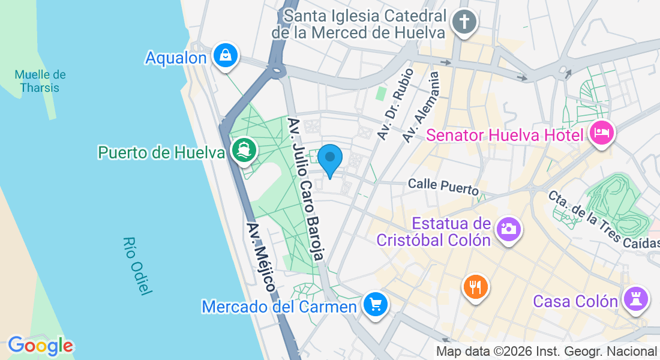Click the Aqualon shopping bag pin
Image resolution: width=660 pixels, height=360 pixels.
point(226,56)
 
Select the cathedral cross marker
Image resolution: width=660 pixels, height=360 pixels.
point(464,23)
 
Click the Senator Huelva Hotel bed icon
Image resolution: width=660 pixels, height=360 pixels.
point(601,131)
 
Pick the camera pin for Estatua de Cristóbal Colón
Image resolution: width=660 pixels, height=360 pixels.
point(508,229)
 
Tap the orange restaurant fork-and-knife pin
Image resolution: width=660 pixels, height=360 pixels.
point(476,286)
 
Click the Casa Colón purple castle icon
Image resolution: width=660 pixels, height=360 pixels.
point(635,298)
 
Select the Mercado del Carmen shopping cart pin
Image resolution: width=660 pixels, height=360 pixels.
point(376,305)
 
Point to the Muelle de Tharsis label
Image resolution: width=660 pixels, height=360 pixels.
point(40,81)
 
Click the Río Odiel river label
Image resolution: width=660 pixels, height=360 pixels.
point(136,265)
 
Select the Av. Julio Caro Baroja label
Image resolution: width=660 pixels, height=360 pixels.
point(306,188)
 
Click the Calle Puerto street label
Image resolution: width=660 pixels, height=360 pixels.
point(443,185)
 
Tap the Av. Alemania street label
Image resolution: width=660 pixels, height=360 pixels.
point(421,107)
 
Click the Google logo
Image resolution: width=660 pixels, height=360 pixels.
point(40,346)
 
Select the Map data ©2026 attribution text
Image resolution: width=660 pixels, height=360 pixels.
point(547,352)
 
